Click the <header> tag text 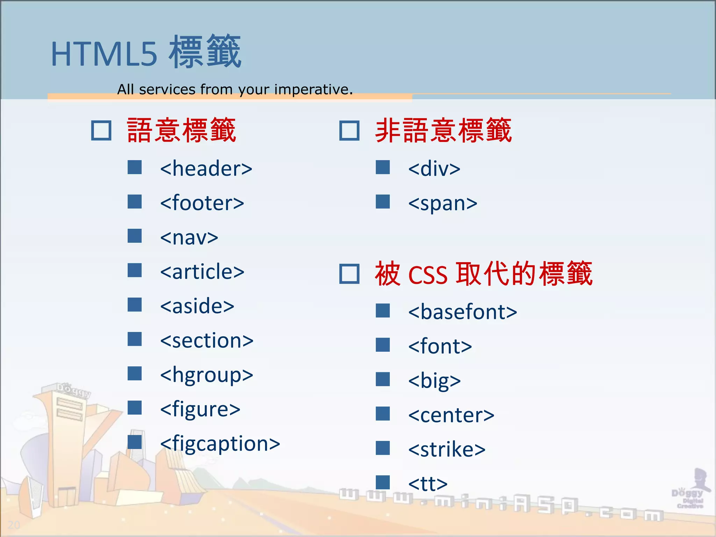coord(206,169)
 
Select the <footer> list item coord(202,203)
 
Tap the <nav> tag coord(189,237)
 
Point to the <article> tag coord(202,272)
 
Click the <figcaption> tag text coord(220,444)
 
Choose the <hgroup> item coord(206,375)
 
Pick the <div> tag coord(434,169)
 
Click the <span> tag coord(443,203)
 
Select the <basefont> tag coord(462,312)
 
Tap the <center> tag coord(451,415)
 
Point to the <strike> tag coord(447,449)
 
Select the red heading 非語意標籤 coord(443,130)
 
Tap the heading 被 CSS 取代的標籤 coord(483,273)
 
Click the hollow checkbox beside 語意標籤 coord(101,131)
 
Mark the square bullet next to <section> coord(135,339)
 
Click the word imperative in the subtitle coord(313,89)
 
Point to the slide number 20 coord(14,524)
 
